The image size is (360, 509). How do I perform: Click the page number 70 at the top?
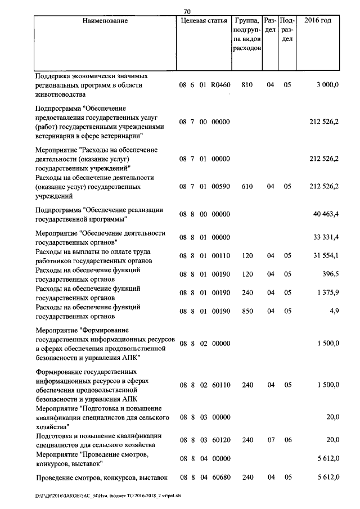187,10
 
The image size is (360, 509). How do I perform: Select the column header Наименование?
105,21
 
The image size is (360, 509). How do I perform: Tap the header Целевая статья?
201,21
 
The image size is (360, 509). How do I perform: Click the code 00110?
220,256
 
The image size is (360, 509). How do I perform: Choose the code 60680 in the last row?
220,478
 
